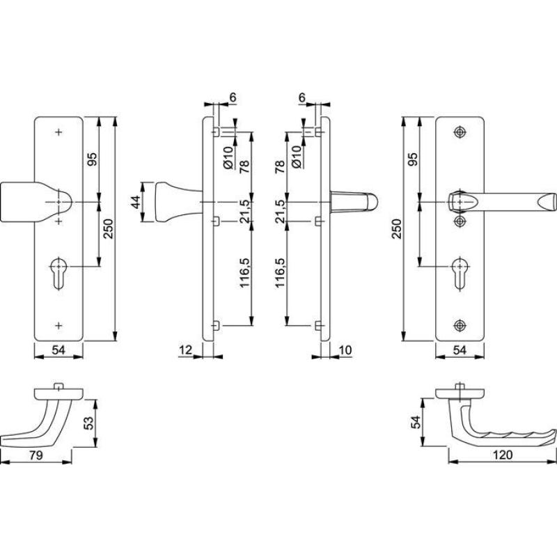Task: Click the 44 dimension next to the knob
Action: click(135, 202)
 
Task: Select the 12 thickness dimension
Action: click(185, 350)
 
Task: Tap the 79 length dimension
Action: click(36, 455)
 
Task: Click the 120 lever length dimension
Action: click(503, 455)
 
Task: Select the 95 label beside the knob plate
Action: click(92, 159)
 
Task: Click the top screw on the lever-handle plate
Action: click(460, 132)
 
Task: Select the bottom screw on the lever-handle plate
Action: click(460, 325)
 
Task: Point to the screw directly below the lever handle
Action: click(460, 221)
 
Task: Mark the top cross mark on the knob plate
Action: click(58, 132)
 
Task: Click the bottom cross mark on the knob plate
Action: click(58, 325)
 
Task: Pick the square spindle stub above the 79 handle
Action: click(58, 386)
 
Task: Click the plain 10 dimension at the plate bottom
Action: click(345, 350)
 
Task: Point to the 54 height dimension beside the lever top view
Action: click(416, 422)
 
